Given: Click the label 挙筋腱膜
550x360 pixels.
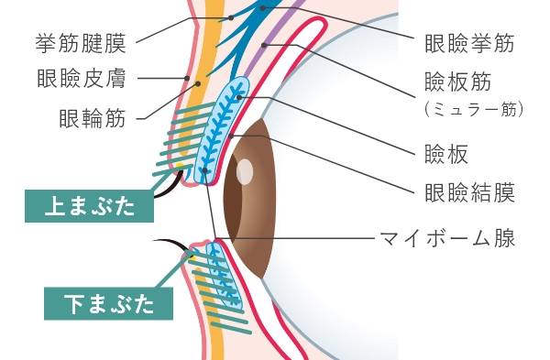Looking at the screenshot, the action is coord(81,43).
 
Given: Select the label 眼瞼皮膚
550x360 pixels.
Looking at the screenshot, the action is coord(82,78).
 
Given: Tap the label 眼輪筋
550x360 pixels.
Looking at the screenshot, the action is coord(93,118).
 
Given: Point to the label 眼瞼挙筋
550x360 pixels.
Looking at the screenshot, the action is coord(469,43).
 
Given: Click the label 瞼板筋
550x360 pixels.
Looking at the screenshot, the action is coord(457,82).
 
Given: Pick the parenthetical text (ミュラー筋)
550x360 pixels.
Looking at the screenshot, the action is coord(474,109).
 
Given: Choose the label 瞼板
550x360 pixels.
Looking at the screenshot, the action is coord(446,154).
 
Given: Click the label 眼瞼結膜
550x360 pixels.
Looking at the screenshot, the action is coord(469,192).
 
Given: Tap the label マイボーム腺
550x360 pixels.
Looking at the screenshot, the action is coord(447,238).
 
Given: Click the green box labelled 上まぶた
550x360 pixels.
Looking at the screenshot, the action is coord(89,206).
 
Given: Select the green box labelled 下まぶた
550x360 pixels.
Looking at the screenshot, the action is coord(108,303).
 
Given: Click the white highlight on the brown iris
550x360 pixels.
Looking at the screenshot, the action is coord(245,171).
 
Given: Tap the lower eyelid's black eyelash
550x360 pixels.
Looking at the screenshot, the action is coord(170,244).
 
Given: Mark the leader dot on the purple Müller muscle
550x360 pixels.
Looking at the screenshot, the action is coord(264,45).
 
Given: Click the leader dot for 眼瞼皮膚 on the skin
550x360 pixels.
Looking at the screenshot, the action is coord(187,78).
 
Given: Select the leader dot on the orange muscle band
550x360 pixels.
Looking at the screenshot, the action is coord(198,83).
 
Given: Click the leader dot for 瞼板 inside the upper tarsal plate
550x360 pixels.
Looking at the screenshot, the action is coord(239,97).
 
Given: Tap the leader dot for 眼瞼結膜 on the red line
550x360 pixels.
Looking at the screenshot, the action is coord(231,136).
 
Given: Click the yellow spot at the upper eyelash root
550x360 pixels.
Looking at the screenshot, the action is coord(180,165).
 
